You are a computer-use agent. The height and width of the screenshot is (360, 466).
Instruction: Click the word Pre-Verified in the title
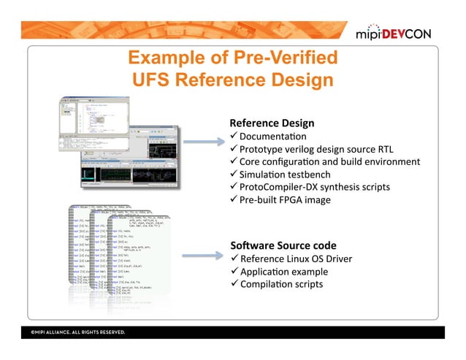[x=288, y=58]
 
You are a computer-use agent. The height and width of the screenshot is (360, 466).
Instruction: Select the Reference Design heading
[x=272, y=123]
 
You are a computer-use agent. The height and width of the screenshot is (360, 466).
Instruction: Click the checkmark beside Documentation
[x=234, y=136]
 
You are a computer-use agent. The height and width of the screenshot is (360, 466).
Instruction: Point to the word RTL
[x=384, y=149]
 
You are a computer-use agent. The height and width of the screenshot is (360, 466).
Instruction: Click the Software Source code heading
[x=283, y=245]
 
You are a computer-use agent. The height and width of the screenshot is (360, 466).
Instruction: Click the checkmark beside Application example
[x=234, y=271]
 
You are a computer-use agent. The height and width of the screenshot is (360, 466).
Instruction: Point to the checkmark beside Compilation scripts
[x=234, y=283]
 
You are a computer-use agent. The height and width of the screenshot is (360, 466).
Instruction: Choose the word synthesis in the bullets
[x=341, y=187]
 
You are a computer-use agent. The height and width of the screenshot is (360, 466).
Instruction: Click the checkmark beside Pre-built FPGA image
[x=234, y=199]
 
